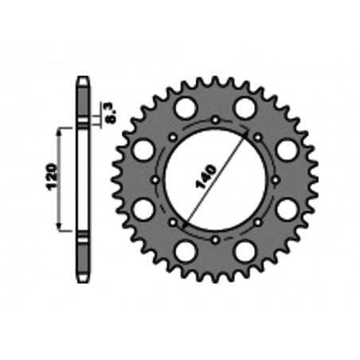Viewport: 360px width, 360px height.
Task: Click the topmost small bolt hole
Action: point(216,119)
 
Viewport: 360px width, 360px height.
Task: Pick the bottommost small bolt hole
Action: point(216,238)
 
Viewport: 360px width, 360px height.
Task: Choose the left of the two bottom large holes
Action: point(186,252)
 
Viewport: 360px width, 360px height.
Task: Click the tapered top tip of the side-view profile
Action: point(83,80)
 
